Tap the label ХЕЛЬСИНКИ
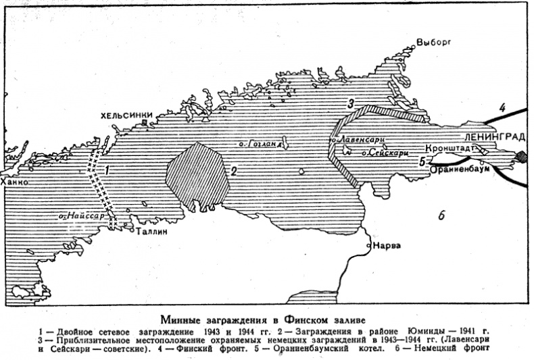click(x=126, y=115)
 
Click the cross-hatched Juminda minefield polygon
click(x=196, y=172)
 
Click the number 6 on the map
click(x=440, y=216)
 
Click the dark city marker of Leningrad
click(x=522, y=157)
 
